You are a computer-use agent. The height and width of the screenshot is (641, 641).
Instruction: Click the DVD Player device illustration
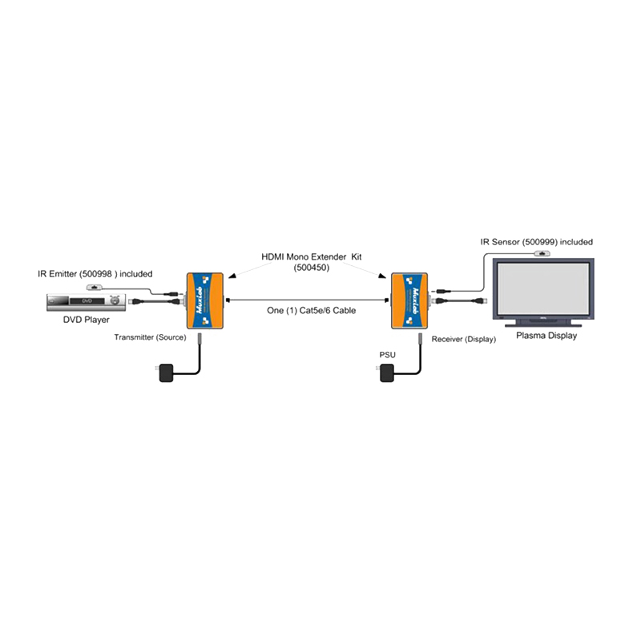point(86,303)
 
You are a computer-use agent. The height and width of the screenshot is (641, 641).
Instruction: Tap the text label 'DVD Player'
point(87,320)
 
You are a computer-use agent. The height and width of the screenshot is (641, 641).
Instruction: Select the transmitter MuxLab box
point(205,301)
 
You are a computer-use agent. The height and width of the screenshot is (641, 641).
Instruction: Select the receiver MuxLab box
point(409,301)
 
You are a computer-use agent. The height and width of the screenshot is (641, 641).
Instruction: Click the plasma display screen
point(543,288)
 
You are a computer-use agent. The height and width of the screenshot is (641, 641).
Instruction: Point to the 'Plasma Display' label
point(546,336)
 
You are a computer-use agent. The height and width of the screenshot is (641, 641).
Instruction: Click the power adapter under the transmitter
point(166,373)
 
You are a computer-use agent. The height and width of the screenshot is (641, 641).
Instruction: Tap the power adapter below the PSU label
point(387,373)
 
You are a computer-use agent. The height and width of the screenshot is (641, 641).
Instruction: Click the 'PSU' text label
point(388,355)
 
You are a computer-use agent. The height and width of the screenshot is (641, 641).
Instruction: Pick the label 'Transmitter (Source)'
point(150,337)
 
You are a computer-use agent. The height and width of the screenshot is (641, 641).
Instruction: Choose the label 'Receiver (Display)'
point(464,339)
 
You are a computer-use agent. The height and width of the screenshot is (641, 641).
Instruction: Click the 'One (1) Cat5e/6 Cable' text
point(311,311)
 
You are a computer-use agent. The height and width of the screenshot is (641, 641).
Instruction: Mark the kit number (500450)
point(312,268)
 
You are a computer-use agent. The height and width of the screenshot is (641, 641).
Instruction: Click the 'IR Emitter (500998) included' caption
point(95,274)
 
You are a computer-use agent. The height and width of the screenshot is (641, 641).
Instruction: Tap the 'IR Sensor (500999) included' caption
point(536,242)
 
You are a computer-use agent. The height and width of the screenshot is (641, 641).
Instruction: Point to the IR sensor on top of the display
point(542,254)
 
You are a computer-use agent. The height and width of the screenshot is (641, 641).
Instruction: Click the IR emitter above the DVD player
point(94,288)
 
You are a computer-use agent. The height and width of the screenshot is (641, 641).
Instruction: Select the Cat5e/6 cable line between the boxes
point(307,300)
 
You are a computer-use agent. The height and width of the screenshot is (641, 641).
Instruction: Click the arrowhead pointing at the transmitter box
point(232,276)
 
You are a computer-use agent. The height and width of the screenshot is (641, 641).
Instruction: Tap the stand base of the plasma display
point(543,325)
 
